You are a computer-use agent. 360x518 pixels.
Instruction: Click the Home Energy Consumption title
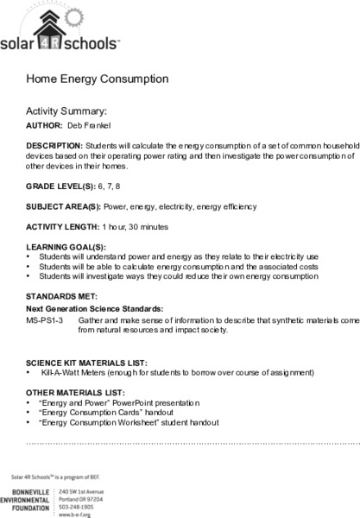[97, 79]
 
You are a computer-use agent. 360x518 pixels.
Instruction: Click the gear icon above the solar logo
[79, 16]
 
